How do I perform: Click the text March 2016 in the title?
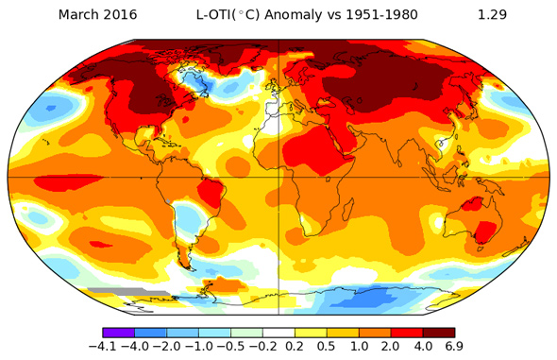[x=97, y=15]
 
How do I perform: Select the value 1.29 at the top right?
[x=494, y=15]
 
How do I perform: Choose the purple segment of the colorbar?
[x=118, y=333]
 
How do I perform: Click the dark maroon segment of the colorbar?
[x=438, y=333]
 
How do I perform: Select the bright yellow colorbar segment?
[x=310, y=333]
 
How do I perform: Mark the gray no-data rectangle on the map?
[x=113, y=291]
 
